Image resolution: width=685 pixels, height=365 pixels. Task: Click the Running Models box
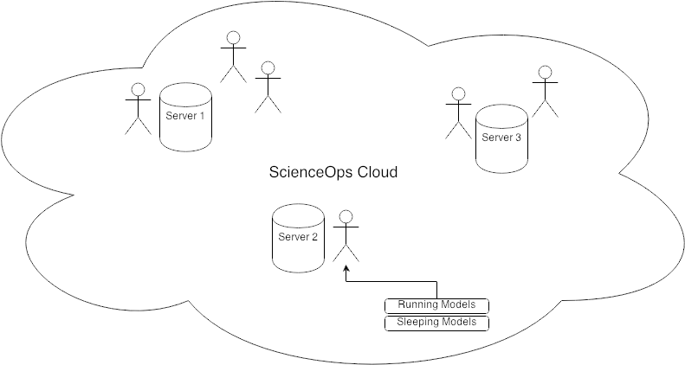(x=436, y=305)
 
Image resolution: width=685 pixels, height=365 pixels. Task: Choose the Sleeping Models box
(x=436, y=323)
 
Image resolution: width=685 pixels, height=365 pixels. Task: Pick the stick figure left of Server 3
(x=456, y=113)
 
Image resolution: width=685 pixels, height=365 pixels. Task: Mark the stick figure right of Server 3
(x=545, y=93)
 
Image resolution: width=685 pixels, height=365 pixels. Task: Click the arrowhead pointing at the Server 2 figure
(x=346, y=277)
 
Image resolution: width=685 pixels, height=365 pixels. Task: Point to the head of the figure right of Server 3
(x=545, y=73)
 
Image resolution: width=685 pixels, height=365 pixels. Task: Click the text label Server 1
(x=184, y=117)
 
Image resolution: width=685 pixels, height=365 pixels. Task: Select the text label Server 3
(x=501, y=138)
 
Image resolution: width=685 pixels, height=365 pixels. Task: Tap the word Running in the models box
(x=418, y=305)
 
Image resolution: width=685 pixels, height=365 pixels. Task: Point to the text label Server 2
(x=298, y=238)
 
